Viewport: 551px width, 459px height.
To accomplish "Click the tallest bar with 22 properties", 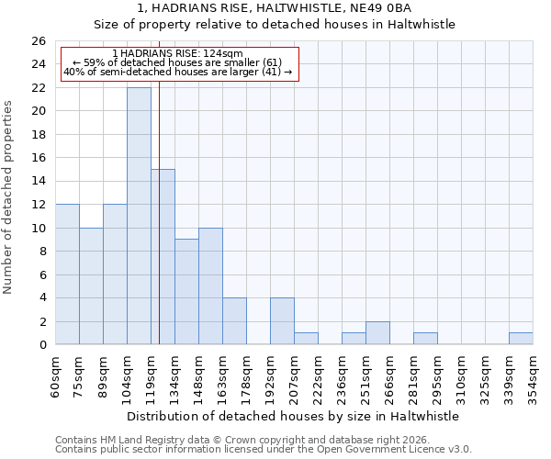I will [139, 216].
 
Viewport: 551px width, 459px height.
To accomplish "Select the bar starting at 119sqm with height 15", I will [163, 257].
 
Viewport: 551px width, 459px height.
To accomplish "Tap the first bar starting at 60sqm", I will [67, 274].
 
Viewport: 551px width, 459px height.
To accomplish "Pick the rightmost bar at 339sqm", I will [521, 339].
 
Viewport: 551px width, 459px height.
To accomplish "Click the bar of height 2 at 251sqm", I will [377, 333].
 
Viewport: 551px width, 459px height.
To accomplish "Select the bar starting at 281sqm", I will [425, 339].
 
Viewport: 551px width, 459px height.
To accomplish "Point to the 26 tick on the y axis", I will [38, 41].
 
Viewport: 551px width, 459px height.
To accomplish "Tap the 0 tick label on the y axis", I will [41, 345].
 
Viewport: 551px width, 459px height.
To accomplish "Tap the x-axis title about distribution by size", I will [293, 416].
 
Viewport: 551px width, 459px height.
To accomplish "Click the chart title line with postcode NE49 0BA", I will [275, 8].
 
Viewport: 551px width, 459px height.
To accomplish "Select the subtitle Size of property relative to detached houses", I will [275, 24].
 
